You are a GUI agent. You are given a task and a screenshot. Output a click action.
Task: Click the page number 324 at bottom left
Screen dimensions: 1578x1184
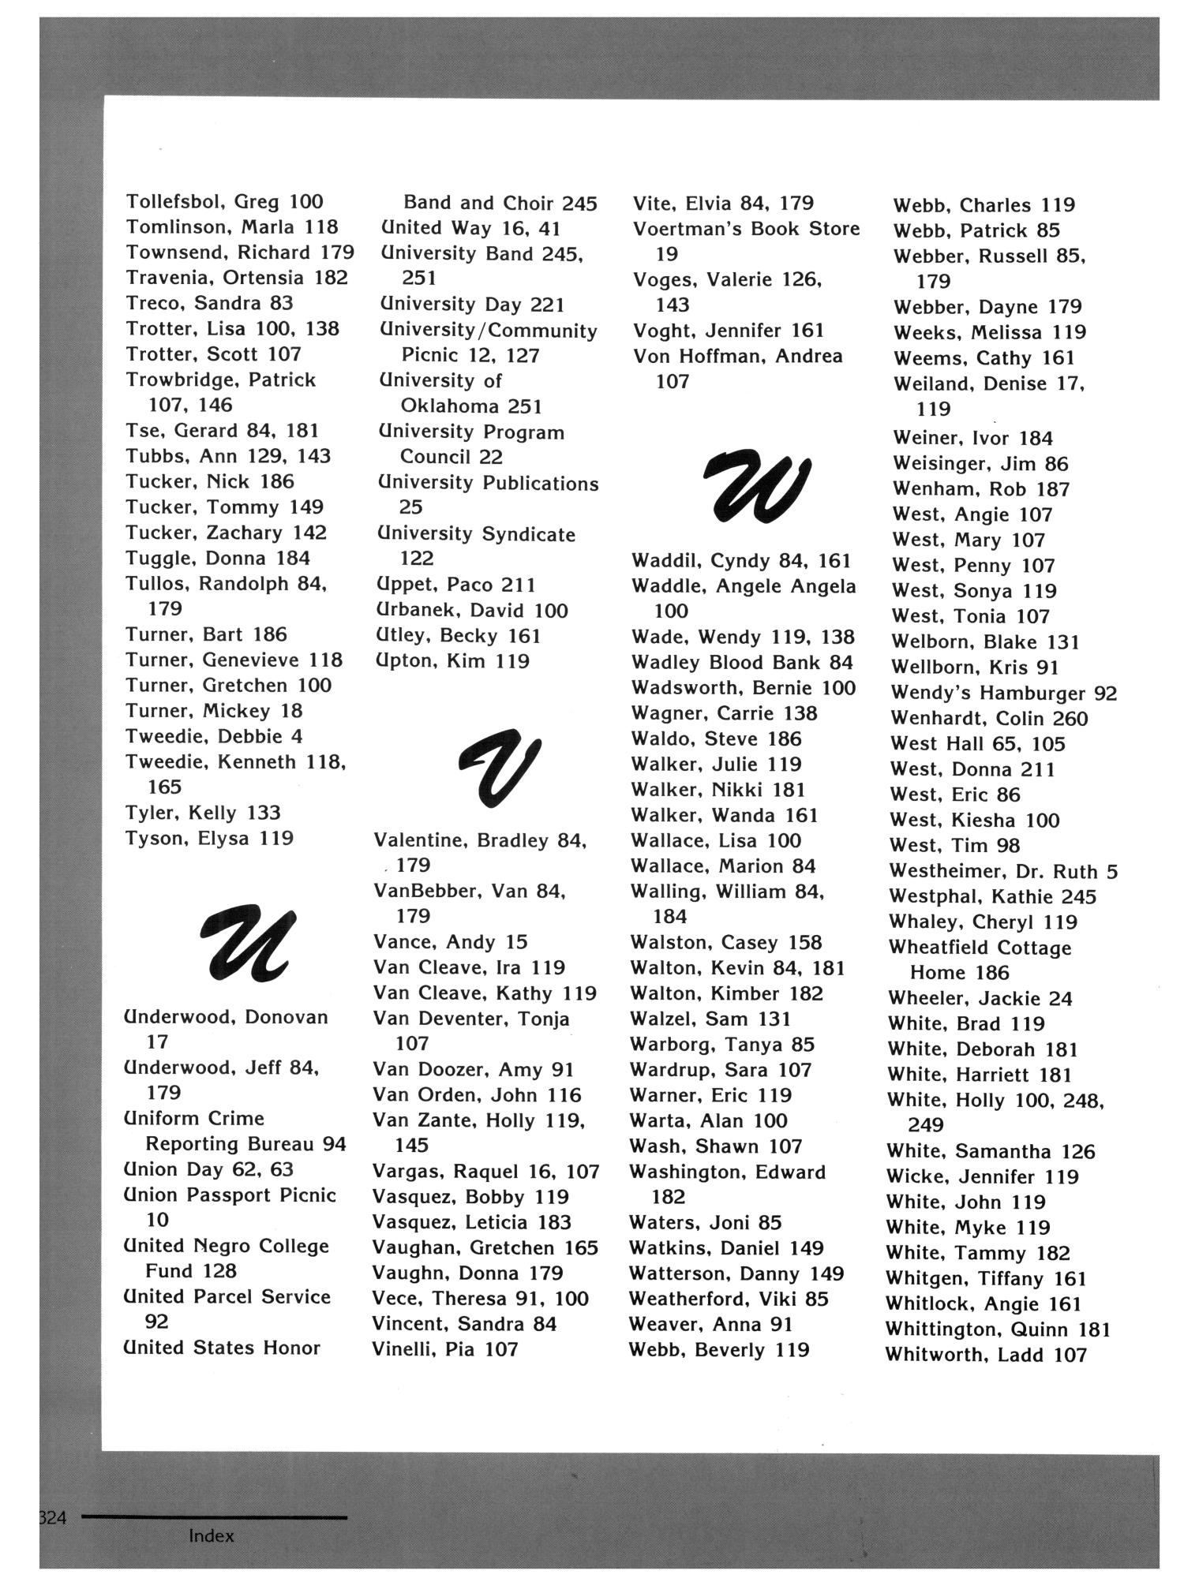coord(54,1517)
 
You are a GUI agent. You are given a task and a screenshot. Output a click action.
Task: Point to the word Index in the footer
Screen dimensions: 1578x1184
coord(212,1535)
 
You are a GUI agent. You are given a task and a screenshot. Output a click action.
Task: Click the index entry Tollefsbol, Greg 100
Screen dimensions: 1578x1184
coord(225,202)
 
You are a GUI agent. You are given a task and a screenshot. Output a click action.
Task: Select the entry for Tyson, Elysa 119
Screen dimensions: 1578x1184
coord(209,838)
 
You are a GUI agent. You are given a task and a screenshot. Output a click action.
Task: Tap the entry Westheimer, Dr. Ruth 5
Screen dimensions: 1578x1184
coord(1003,872)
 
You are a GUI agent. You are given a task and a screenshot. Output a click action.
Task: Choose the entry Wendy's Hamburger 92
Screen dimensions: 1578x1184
coord(1003,694)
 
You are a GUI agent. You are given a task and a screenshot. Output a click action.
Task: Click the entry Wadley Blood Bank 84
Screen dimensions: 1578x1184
coord(742,663)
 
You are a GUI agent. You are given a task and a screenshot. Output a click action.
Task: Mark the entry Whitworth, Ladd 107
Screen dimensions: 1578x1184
coord(987,1355)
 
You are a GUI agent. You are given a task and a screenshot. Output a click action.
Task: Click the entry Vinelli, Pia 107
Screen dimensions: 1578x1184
coord(445,1349)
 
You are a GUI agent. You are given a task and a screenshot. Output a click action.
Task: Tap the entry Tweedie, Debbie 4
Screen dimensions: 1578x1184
coord(214,736)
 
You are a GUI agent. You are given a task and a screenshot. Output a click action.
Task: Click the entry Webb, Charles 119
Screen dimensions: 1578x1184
coord(984,206)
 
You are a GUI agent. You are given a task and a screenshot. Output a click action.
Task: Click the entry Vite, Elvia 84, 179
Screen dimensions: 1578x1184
coord(723,204)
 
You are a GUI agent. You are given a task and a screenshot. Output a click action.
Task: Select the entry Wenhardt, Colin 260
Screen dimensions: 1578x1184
coord(989,719)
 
